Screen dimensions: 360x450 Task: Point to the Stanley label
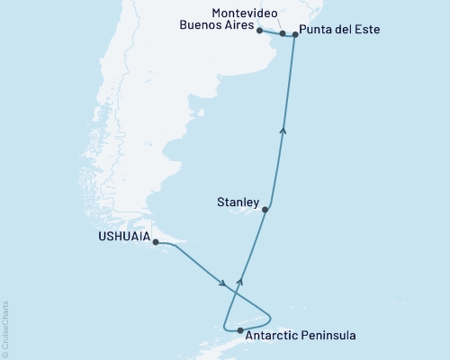(238, 202)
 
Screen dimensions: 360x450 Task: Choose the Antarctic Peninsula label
(301, 336)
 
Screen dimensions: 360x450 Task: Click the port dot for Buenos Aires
(259, 31)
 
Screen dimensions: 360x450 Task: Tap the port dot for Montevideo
(283, 33)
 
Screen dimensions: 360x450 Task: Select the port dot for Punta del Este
(295, 34)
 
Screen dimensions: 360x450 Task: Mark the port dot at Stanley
(265, 210)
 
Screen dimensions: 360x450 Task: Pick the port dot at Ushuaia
(156, 242)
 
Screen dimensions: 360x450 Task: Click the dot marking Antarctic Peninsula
(238, 332)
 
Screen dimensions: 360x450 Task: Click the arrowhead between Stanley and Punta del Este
(284, 130)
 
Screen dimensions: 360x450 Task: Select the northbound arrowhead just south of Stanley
(240, 281)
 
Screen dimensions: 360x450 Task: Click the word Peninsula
(328, 336)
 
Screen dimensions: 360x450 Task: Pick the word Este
(366, 30)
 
